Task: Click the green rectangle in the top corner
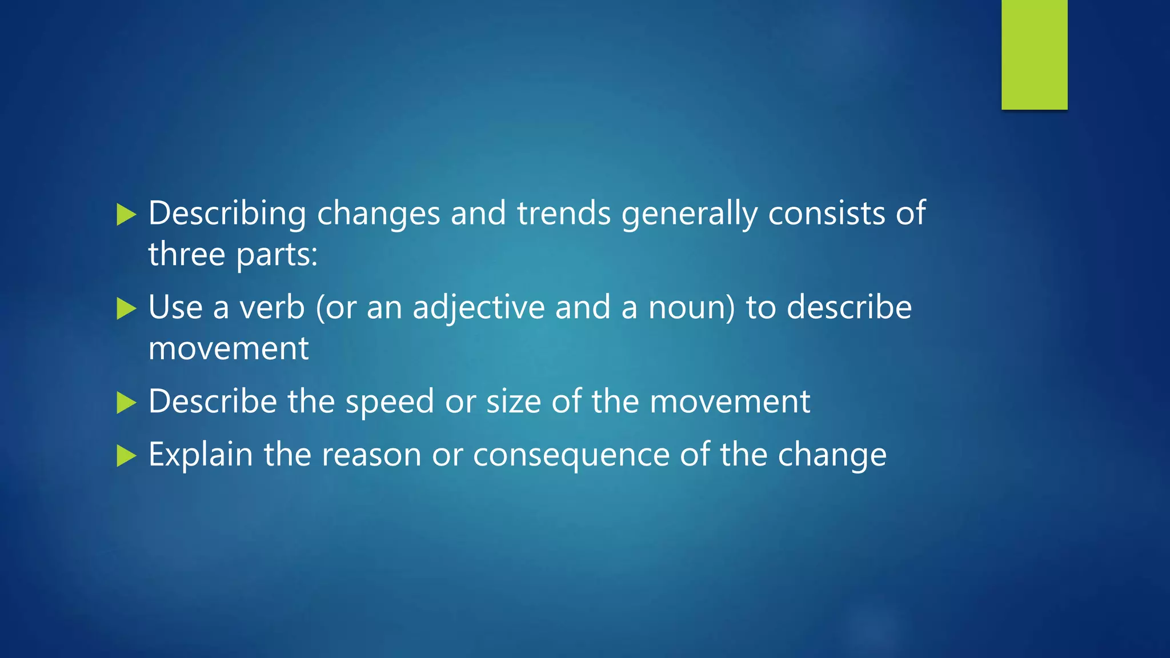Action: pos(1034,54)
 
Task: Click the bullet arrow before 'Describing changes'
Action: pos(126,215)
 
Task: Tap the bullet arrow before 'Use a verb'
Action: pos(126,309)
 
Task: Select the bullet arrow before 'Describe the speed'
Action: pos(126,403)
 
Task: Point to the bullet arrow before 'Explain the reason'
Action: pos(126,456)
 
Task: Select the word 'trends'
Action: pos(564,214)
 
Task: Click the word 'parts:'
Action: pos(277,255)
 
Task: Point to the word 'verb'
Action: pos(272,307)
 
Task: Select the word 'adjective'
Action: pos(479,308)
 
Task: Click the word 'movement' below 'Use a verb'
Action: pos(229,348)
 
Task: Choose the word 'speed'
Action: pos(390,402)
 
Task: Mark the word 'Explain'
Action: pos(201,455)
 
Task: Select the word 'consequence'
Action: pos(571,456)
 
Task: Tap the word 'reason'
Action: pos(371,456)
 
